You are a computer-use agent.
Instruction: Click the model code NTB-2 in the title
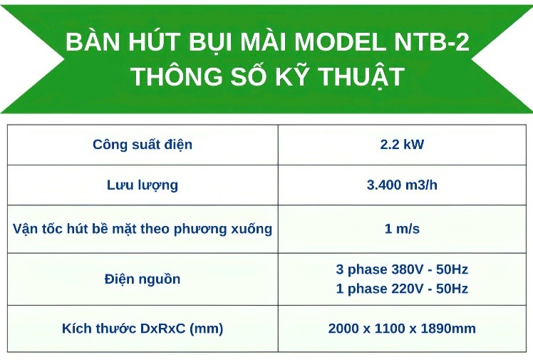click(431, 42)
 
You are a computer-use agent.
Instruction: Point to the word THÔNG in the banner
click(177, 75)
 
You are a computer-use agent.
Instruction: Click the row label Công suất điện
click(143, 145)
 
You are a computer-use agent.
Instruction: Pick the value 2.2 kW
click(402, 145)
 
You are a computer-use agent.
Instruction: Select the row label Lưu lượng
click(143, 185)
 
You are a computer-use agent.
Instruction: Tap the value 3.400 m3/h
click(402, 185)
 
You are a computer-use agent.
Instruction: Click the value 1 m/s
click(402, 228)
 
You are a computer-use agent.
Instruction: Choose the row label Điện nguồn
click(143, 279)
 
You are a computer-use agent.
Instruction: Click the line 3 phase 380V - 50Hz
click(402, 269)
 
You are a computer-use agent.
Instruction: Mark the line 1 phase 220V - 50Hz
click(402, 289)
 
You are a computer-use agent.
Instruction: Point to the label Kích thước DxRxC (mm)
click(143, 329)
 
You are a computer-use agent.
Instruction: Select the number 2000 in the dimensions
click(341, 329)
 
